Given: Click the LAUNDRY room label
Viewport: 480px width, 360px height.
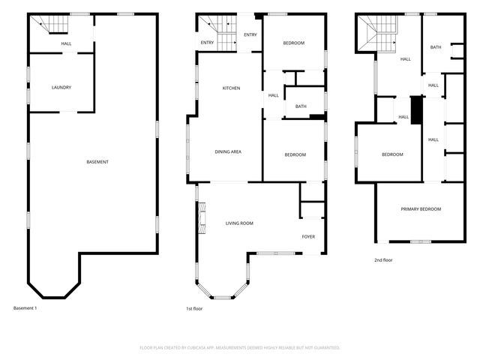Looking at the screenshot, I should pos(61,88).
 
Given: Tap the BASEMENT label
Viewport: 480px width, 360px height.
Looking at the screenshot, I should pos(97,162).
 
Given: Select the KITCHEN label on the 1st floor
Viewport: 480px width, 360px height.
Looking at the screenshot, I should pos(231,88).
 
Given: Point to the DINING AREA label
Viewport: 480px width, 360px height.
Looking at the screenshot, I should pos(228,152).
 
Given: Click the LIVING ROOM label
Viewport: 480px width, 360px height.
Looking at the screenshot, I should pos(240,223).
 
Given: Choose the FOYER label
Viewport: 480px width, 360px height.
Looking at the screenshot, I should pos(308,237).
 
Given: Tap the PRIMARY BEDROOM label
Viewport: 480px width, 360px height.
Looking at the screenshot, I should pos(421,208).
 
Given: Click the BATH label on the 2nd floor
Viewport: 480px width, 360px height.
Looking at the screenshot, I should pos(436,48).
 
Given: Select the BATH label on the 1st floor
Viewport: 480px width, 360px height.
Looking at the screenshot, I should pos(301,106).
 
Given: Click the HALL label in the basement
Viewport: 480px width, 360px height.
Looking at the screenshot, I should pos(66,44).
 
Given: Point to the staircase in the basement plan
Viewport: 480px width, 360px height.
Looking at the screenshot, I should pos(54,27).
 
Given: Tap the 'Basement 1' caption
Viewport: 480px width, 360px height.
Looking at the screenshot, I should pos(25,307).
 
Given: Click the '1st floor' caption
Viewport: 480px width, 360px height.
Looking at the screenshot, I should pos(195,307).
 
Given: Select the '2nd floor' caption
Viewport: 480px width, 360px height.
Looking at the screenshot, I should pos(383,259).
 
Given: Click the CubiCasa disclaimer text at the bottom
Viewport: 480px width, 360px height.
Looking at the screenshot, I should pos(240,347).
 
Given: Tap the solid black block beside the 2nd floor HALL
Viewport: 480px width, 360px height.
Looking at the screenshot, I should pos(418,112).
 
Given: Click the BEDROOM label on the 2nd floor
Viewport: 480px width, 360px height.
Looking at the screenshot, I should pos(392,154).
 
